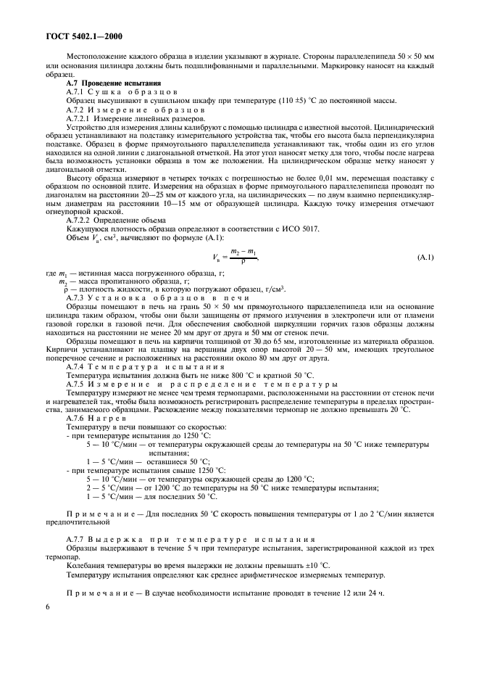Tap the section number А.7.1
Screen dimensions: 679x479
pos(75,92)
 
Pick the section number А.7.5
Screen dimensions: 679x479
pos(75,384)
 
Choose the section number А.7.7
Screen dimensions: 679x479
pos(75,540)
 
